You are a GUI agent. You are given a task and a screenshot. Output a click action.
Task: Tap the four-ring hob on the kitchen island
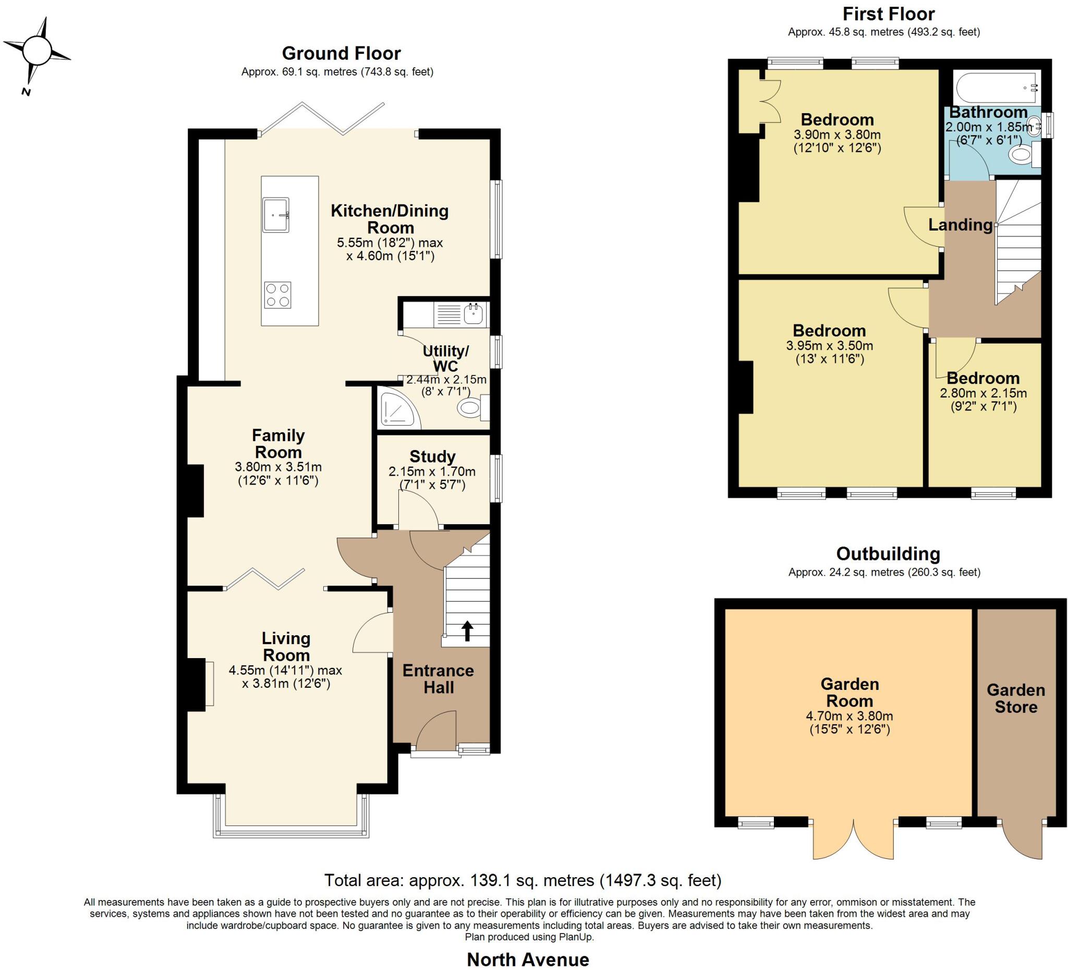pyautogui.click(x=277, y=295)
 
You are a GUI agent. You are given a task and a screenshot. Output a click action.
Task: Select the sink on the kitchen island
pyautogui.click(x=275, y=214)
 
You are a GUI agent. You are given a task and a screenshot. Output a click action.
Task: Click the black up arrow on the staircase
pyautogui.click(x=467, y=631)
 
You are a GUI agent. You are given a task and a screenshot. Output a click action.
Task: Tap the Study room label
pyautogui.click(x=432, y=456)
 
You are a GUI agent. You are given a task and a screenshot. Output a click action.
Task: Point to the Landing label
pyautogui.click(x=960, y=225)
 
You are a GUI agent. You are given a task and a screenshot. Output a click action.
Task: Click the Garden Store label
pyautogui.click(x=1015, y=698)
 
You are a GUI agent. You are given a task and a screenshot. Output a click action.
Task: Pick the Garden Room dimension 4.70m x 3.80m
pyautogui.click(x=849, y=716)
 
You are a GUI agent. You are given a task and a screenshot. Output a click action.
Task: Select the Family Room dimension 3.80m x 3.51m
pyautogui.click(x=278, y=467)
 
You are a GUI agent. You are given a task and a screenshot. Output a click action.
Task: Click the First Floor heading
pyautogui.click(x=889, y=13)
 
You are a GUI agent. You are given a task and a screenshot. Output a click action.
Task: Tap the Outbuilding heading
pyautogui.click(x=888, y=554)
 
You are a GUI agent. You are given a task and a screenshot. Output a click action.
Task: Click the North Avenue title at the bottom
pyautogui.click(x=528, y=959)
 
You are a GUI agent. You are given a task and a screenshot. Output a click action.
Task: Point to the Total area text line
pyautogui.click(x=523, y=880)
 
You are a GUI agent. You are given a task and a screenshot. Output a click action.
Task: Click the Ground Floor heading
pyautogui.click(x=341, y=53)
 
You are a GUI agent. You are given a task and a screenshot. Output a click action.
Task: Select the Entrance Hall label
pyautogui.click(x=438, y=678)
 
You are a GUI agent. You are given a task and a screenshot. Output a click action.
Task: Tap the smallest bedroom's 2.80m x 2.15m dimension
pyautogui.click(x=982, y=393)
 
